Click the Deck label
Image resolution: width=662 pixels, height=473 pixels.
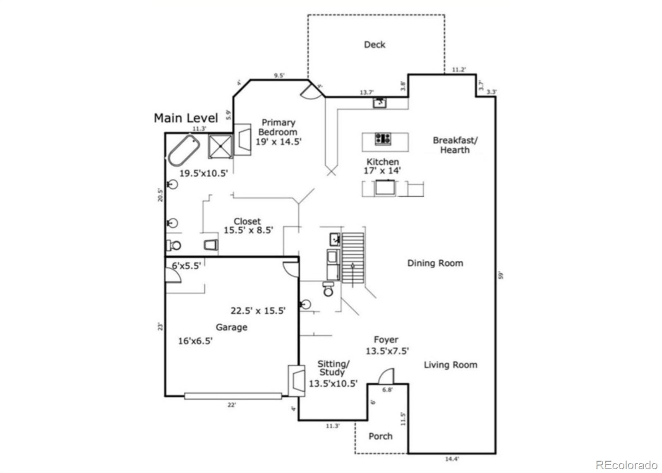tap(374, 45)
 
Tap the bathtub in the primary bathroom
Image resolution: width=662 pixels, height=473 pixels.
tap(184, 149)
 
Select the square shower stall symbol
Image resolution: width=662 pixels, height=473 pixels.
tap(220, 146)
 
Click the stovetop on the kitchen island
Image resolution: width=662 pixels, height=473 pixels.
tap(383, 139)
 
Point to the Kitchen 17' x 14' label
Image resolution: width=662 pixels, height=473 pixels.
tap(383, 166)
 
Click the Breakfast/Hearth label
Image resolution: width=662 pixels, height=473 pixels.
tap(455, 145)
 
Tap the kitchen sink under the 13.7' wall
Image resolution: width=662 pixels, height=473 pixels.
tap(380, 102)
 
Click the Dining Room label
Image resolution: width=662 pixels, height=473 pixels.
tap(435, 263)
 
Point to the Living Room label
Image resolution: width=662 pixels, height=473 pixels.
tap(450, 365)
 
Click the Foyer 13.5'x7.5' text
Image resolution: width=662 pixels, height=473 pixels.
tap(386, 346)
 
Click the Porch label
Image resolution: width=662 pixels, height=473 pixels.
tap(380, 436)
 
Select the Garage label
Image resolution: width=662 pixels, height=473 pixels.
tap(231, 327)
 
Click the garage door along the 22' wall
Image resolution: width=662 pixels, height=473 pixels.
tap(233, 396)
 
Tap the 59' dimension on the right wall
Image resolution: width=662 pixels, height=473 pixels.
tap(501, 275)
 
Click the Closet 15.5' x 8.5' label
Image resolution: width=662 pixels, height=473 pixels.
tap(248, 226)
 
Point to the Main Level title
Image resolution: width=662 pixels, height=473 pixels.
tap(186, 118)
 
